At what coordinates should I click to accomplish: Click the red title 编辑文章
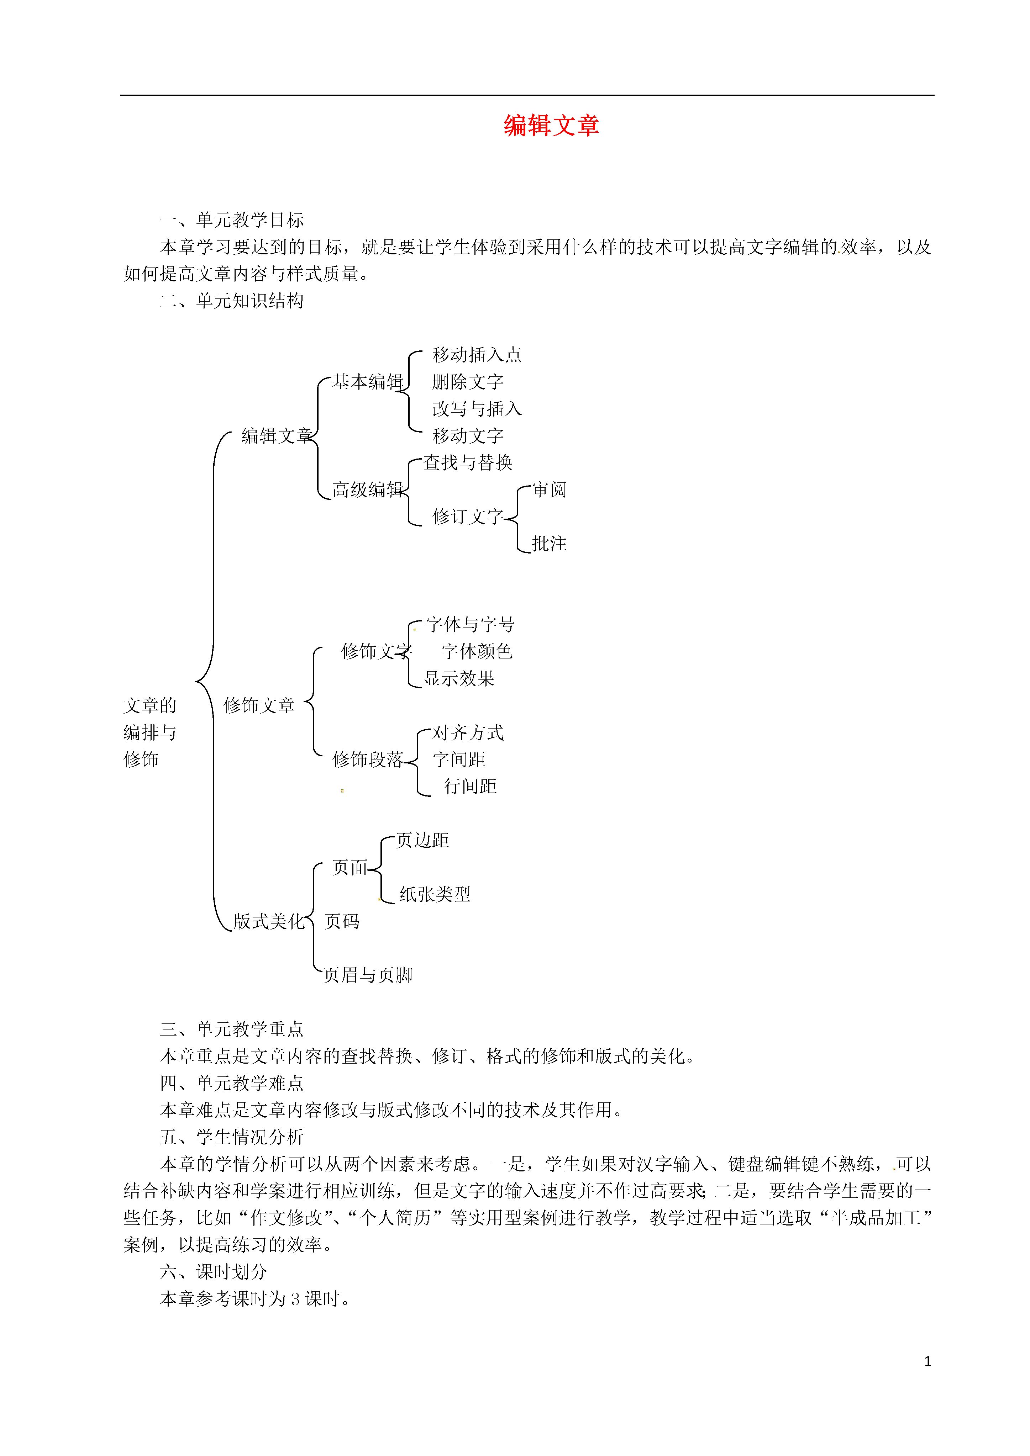(552, 126)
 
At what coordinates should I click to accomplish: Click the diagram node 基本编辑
(368, 382)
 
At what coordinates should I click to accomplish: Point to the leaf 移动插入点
(477, 355)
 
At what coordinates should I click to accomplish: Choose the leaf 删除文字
(468, 382)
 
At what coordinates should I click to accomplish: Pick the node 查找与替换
(468, 463)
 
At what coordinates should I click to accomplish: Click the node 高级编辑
(368, 489)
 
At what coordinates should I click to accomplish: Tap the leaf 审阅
(550, 489)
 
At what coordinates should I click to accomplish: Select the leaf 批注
(550, 544)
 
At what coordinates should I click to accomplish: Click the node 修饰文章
(259, 705)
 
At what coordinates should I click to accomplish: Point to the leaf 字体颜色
(477, 651)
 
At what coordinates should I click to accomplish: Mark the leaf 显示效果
(459, 678)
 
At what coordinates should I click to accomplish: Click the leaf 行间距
(470, 787)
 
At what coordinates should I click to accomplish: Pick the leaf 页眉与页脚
(368, 975)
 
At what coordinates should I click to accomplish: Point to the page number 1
(928, 1361)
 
